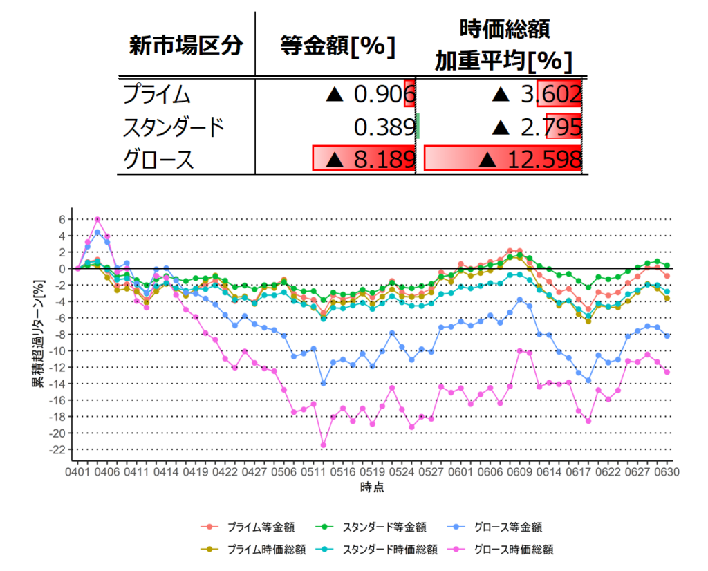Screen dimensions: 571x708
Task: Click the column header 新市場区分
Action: pos(186,46)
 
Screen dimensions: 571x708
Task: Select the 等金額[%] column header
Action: pos(337,46)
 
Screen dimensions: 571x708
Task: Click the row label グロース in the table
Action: pos(156,160)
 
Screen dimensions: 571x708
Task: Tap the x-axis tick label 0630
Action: pos(667,473)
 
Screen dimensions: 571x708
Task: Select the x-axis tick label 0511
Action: pos(315,473)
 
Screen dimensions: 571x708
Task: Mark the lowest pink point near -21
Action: pos(323,444)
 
